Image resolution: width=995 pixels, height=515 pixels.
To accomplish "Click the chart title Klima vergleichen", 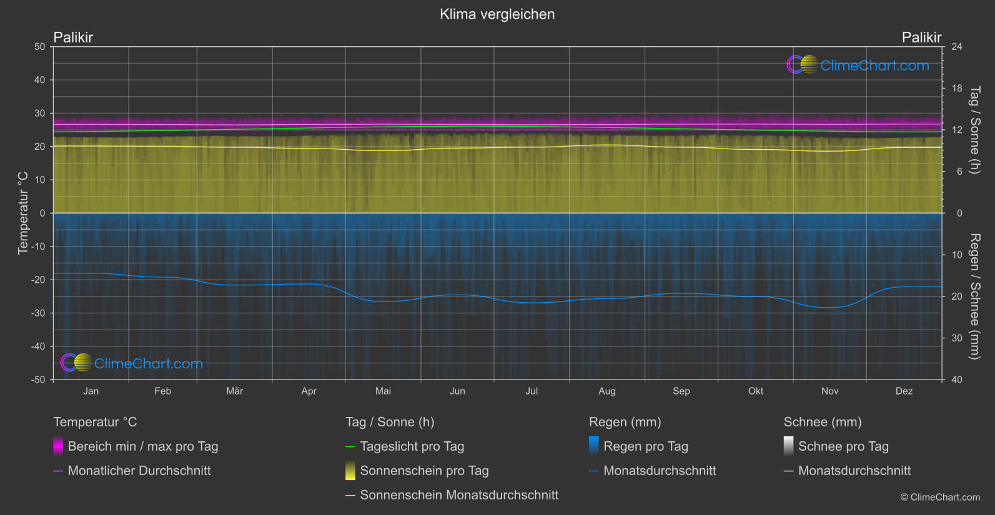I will [x=497, y=14].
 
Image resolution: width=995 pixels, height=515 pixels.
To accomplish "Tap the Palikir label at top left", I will [x=73, y=37].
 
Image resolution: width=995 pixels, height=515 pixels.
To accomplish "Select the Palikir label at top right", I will [x=921, y=37].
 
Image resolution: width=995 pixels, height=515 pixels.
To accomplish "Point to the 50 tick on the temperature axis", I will [x=40, y=47].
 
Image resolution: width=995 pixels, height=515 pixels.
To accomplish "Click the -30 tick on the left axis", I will [x=38, y=313].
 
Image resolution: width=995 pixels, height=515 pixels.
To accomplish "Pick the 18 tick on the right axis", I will [x=957, y=89].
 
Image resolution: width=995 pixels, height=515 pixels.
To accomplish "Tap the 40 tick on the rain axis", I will [x=957, y=380].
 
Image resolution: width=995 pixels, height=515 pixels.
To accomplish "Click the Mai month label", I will [x=383, y=391].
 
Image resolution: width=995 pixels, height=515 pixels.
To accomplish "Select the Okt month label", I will [x=756, y=391].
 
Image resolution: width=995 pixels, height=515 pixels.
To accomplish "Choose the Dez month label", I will [x=904, y=391].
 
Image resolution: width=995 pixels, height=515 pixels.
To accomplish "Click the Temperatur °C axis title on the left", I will [x=23, y=213].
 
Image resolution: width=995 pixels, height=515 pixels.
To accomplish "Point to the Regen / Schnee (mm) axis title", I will [x=974, y=297].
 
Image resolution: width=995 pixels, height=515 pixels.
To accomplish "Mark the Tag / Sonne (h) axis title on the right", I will [x=974, y=130].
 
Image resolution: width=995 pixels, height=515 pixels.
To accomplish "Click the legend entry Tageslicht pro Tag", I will [x=412, y=446].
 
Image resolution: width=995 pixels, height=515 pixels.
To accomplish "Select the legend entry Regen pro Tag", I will [x=645, y=446].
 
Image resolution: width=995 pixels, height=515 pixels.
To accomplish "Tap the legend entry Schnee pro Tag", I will [x=843, y=446].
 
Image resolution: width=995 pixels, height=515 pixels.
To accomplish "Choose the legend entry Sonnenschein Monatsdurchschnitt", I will [x=459, y=495].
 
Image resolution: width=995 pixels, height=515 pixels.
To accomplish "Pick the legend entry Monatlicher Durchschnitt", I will [x=139, y=471].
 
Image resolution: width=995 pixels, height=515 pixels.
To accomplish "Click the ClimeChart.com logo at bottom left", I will [x=132, y=363].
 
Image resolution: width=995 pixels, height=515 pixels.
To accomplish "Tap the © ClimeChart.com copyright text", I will [x=940, y=498].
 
